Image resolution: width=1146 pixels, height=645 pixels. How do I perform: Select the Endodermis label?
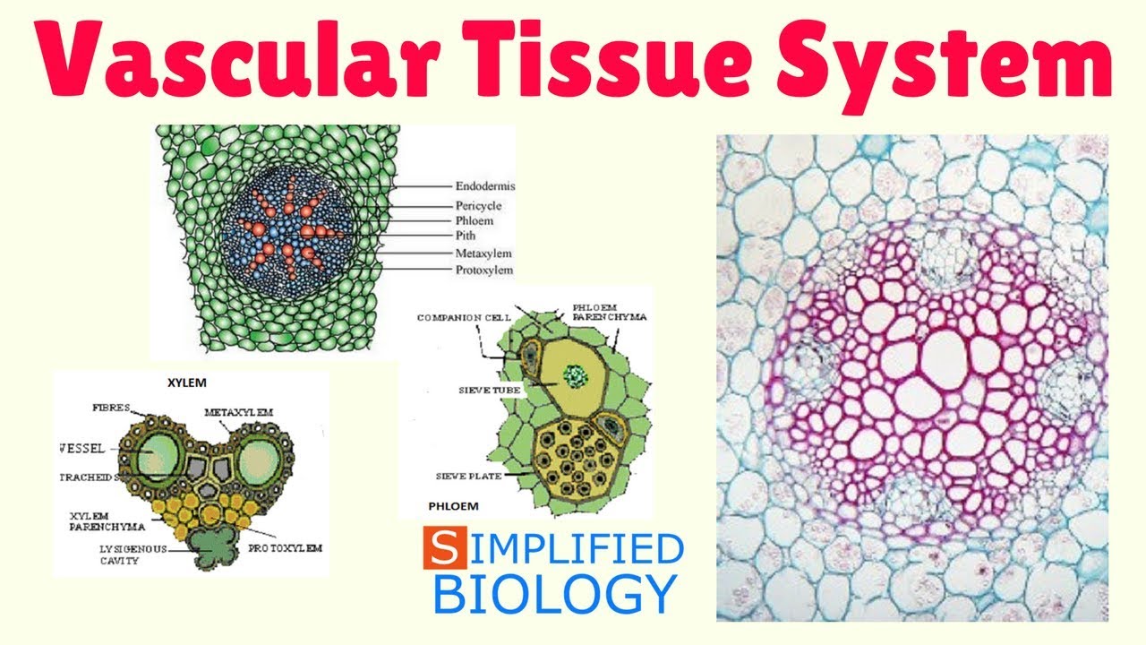[485, 186]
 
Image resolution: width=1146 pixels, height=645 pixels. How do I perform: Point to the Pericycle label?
[479, 206]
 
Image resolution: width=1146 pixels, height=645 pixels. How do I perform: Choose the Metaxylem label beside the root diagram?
[483, 254]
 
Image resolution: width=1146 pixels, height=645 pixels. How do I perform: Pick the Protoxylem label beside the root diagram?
[484, 270]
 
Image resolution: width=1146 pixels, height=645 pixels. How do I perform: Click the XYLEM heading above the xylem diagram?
[187, 383]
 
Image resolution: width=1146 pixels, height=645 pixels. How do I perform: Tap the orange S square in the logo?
[445, 549]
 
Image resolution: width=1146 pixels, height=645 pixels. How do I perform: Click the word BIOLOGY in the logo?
[555, 592]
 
